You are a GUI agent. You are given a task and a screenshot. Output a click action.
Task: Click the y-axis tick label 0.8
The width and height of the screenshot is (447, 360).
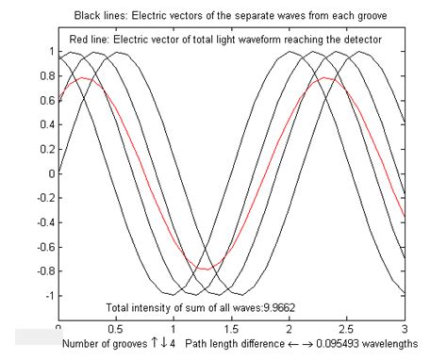[42, 75]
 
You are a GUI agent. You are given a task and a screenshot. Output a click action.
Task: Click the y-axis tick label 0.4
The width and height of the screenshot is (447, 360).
[42, 124]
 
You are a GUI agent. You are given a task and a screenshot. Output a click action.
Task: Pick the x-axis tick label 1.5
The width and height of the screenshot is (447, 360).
[231, 329]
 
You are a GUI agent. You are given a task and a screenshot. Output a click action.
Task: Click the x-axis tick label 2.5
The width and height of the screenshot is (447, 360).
[346, 329]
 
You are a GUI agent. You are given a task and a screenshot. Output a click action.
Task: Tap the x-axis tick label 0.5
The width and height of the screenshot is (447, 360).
[116, 329]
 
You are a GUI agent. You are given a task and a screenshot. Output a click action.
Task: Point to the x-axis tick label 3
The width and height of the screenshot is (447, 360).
[404, 329]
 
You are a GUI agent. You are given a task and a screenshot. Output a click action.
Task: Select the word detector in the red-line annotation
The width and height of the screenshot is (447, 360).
[358, 41]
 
